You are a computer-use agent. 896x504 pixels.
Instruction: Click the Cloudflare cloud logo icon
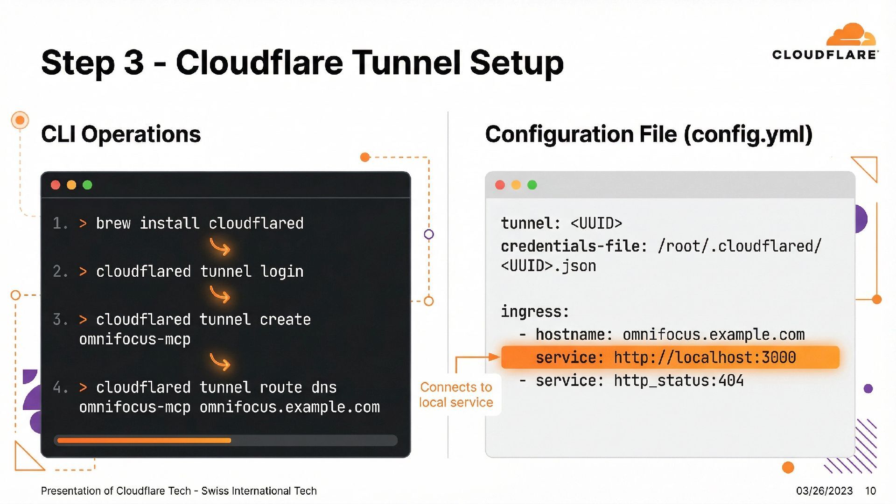point(851,35)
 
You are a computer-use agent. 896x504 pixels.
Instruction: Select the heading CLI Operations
point(121,134)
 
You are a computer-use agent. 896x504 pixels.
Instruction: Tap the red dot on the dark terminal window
point(56,185)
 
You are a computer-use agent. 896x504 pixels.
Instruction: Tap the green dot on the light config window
point(532,185)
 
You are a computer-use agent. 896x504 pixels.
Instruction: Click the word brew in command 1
point(113,224)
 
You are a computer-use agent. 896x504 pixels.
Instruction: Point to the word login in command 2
point(282,272)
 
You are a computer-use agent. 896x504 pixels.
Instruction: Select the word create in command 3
point(285,320)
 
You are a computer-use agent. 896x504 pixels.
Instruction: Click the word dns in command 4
point(324,387)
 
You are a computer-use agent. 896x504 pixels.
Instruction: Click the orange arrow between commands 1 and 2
point(220,247)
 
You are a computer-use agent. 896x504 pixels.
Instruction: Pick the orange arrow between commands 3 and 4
point(220,362)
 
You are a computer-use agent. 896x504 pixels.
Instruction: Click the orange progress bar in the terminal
point(144,441)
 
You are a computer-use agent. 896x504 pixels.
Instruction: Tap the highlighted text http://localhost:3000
point(705,357)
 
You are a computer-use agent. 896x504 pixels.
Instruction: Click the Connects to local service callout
point(456,395)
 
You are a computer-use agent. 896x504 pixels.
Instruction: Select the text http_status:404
point(679,381)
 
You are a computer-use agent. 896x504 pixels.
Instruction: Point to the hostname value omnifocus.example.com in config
point(714,335)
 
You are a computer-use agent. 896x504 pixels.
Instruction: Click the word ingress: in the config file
point(535,311)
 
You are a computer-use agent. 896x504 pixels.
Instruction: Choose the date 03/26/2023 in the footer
point(824,491)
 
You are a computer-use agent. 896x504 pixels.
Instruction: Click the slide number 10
point(870,491)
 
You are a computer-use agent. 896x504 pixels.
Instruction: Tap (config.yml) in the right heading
point(748,134)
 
